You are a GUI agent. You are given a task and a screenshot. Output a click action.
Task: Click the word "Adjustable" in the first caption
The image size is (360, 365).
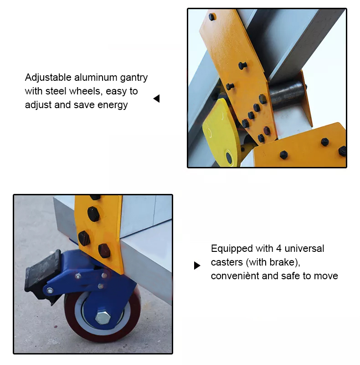tap(48, 78)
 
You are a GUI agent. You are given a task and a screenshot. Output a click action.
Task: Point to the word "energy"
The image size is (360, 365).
tap(113, 105)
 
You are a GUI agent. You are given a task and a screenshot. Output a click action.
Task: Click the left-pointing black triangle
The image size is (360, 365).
tap(156, 99)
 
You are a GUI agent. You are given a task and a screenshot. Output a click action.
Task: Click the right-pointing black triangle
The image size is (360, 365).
tap(197, 266)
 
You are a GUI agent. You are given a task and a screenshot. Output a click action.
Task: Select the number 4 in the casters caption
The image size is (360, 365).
tap(279, 249)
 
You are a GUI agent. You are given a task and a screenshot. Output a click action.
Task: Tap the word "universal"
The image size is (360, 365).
tap(304, 248)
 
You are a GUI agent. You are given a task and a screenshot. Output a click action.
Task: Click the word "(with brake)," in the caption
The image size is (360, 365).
tap(273, 262)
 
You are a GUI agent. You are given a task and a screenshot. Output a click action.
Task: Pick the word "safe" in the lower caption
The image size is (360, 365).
tap(290, 276)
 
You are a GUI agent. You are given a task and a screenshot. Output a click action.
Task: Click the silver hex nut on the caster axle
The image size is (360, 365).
tap(103, 318)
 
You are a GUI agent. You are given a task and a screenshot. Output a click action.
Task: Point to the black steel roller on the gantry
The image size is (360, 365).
tap(287, 94)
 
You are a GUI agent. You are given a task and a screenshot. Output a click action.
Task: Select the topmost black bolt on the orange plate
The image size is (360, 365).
tap(212, 17)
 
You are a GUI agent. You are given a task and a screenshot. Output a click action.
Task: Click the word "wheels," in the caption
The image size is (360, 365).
tap(86, 91)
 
